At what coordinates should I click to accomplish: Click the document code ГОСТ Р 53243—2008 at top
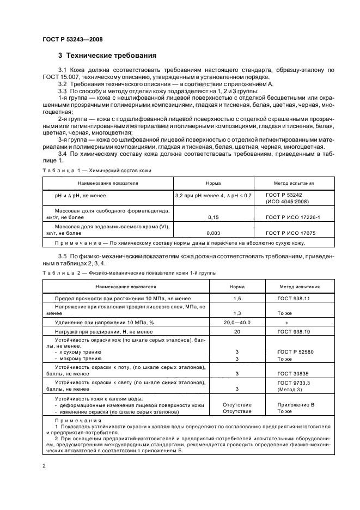click(x=72, y=39)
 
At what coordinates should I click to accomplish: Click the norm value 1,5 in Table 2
click(x=237, y=299)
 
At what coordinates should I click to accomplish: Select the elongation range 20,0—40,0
click(x=237, y=323)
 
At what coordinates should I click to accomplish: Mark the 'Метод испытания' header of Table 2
click(x=300, y=286)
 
